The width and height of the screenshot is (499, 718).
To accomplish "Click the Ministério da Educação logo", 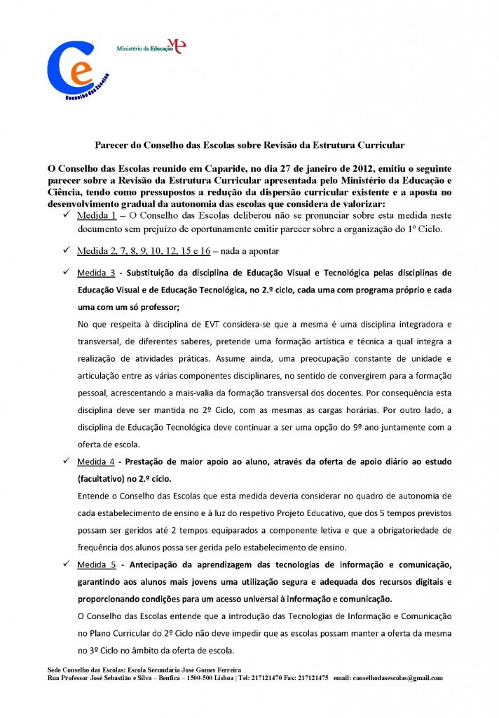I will [151, 48].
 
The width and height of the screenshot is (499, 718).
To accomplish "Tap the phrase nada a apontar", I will [259, 250].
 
